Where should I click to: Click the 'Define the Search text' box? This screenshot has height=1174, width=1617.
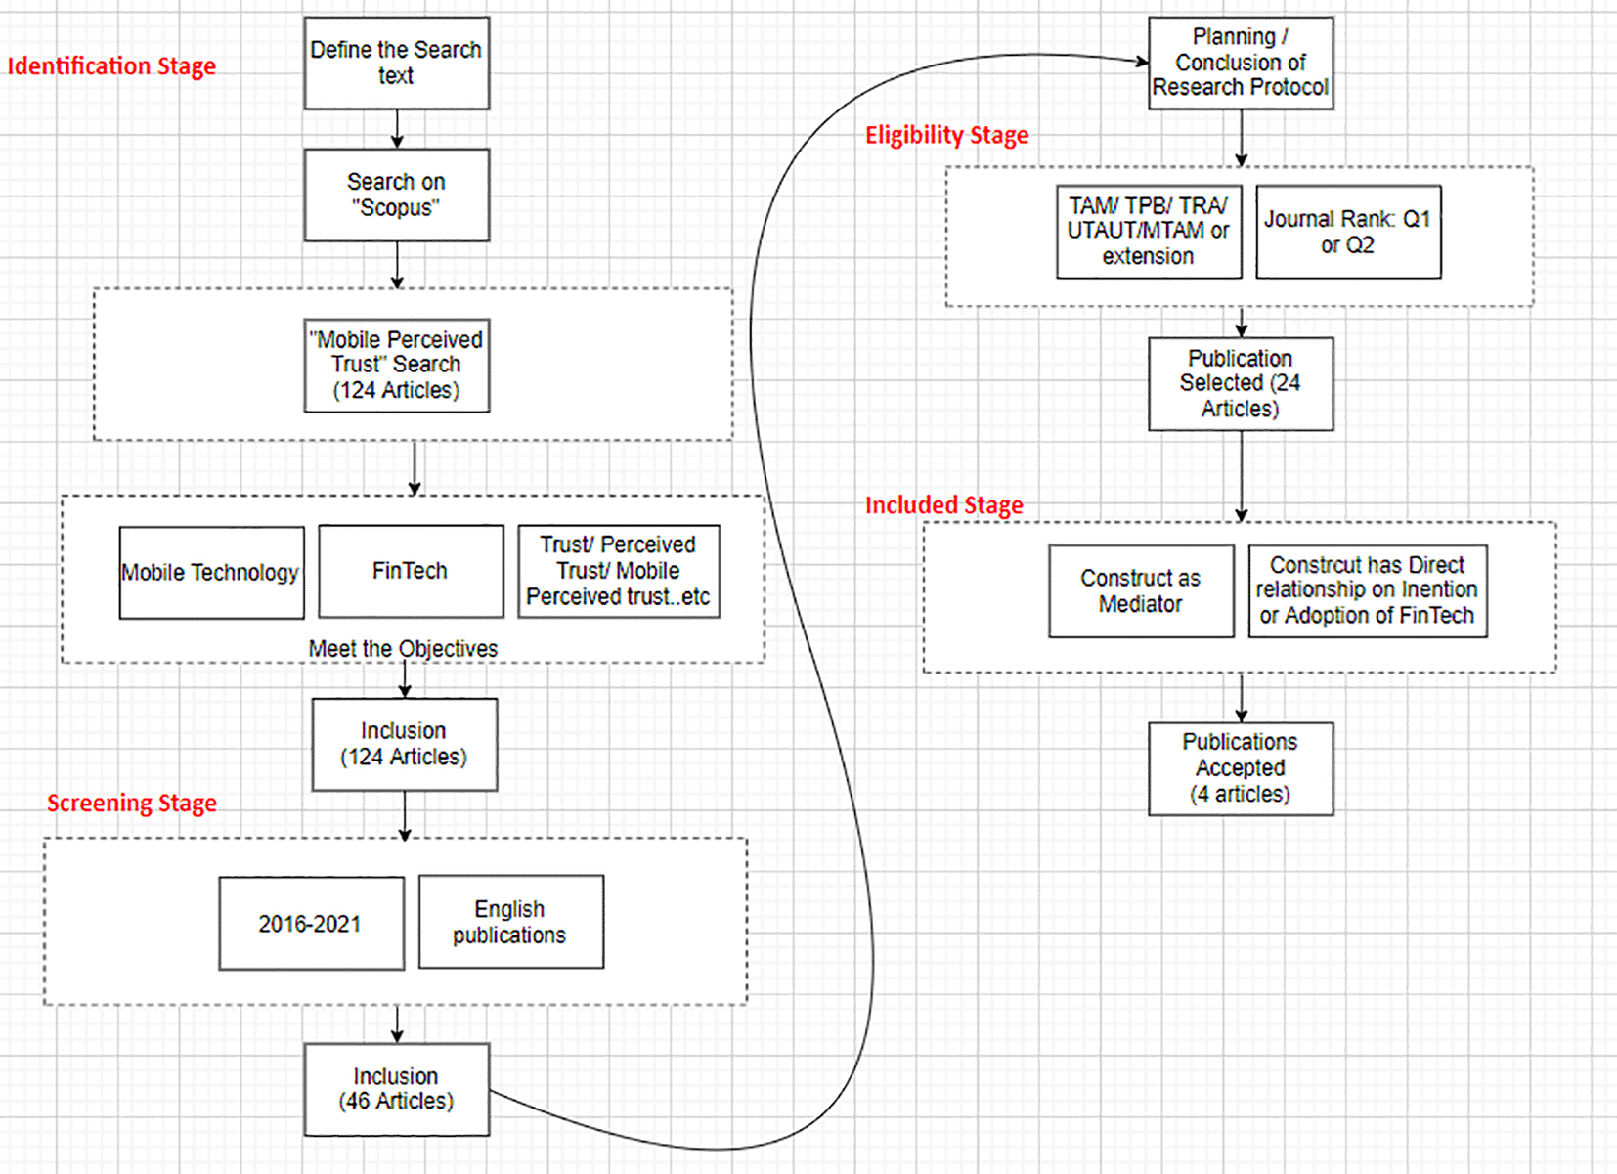[x=396, y=63]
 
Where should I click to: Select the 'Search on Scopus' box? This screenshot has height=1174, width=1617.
[x=396, y=195]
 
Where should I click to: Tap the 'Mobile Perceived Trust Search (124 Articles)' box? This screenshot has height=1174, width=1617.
[x=396, y=365]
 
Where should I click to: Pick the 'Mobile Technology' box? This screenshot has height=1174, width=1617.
[x=211, y=572]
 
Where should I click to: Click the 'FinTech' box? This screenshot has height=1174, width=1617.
[x=411, y=571]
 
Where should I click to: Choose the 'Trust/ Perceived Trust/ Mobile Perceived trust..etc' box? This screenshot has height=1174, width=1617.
[x=618, y=571]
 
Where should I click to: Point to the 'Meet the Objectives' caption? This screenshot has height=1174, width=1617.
[x=403, y=648]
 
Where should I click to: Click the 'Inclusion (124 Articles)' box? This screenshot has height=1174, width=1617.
[x=404, y=744]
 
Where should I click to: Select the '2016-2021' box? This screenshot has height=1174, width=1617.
[x=311, y=923]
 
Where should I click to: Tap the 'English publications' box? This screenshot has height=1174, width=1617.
[x=510, y=922]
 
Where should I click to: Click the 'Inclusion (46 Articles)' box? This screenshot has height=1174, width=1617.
[x=396, y=1089]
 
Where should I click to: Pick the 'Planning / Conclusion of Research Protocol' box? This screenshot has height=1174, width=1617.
[x=1240, y=63]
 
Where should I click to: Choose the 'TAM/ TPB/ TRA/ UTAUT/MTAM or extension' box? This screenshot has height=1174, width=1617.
[x=1149, y=232]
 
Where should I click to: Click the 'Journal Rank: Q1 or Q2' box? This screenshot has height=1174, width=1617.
[x=1347, y=232]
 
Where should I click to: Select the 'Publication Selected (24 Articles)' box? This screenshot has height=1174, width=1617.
[x=1240, y=383]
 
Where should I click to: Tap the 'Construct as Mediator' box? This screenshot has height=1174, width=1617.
[x=1141, y=590]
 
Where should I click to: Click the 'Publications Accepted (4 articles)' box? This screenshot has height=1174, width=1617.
[x=1240, y=768]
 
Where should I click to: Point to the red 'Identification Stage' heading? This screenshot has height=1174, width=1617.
[x=111, y=66]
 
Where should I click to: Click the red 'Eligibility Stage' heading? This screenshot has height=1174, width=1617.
[x=946, y=135]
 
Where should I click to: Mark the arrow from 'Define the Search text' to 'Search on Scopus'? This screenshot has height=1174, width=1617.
[x=397, y=128]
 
